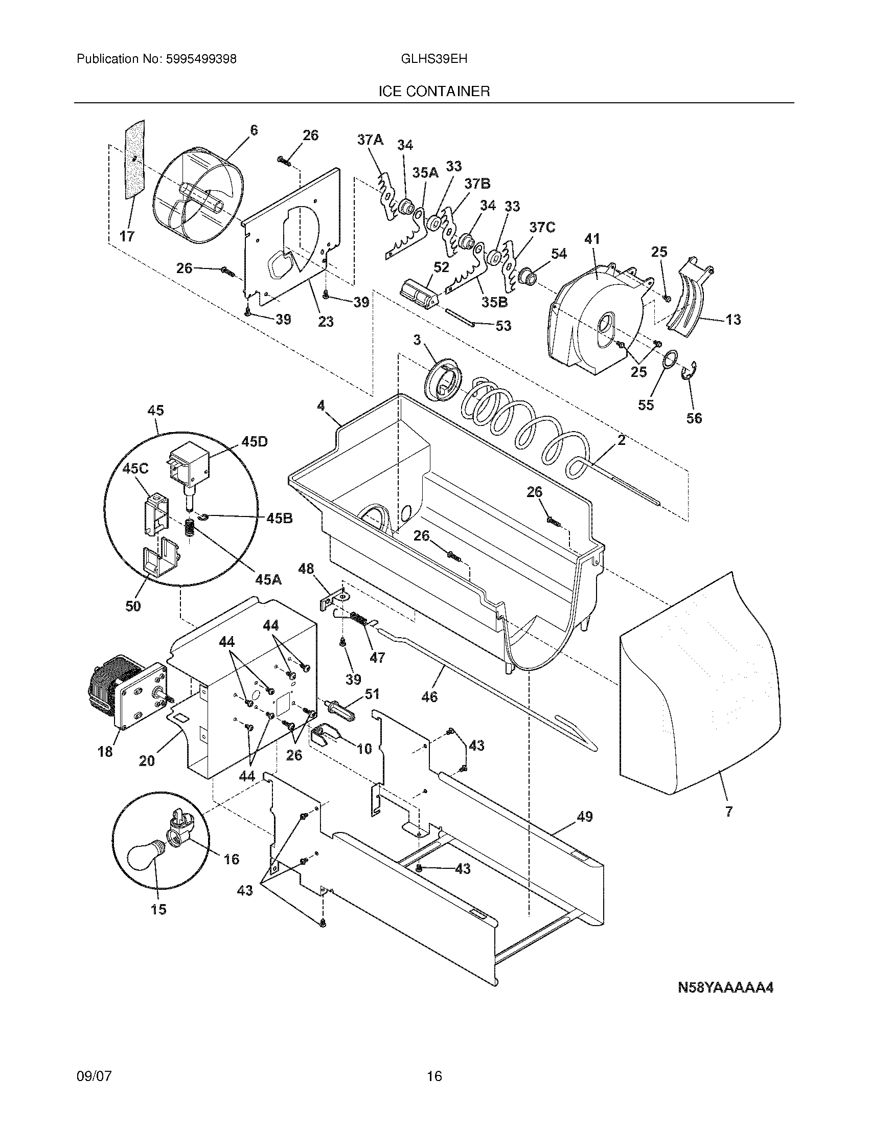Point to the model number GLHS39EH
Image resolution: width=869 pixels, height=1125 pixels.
tap(433, 59)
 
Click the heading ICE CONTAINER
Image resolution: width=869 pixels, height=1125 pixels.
tap(434, 92)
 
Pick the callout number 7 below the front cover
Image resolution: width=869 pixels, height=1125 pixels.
tap(728, 813)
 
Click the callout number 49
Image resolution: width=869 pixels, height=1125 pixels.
tap(584, 817)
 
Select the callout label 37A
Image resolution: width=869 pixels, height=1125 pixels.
tap(371, 140)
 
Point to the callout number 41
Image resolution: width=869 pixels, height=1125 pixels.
tap(592, 239)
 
